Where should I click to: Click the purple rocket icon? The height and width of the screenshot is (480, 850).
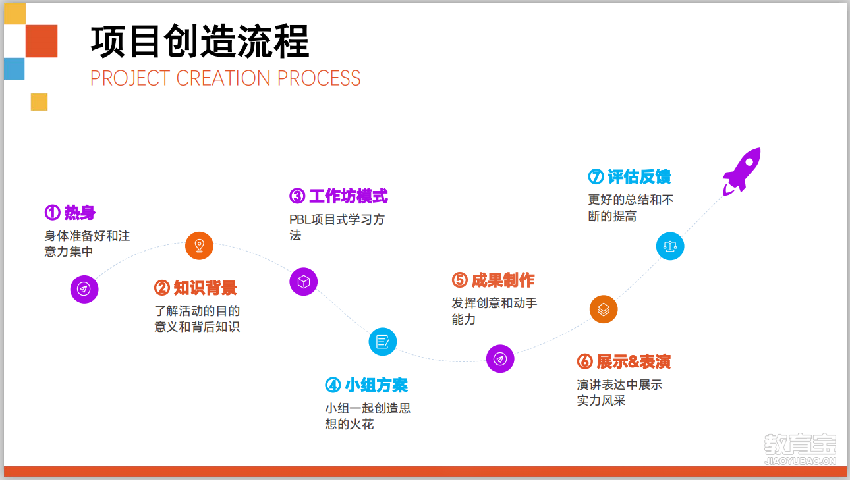(742, 171)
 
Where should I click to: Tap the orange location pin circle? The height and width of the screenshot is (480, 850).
(199, 246)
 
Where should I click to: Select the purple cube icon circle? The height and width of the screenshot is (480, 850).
(304, 282)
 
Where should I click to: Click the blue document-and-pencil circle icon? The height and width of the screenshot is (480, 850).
(383, 342)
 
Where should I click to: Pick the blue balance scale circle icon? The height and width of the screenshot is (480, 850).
(670, 246)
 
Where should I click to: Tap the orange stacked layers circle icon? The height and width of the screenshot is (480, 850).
(604, 309)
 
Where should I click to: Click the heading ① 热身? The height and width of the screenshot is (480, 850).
(71, 212)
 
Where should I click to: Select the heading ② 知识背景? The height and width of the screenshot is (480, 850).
(196, 288)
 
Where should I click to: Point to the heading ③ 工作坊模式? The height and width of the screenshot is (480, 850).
(339, 196)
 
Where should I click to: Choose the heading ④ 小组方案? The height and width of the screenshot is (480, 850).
(366, 385)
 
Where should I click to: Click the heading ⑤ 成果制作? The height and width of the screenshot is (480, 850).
(494, 280)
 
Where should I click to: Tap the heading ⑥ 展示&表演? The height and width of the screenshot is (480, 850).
(624, 361)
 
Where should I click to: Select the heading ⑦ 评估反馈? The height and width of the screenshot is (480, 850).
(629, 176)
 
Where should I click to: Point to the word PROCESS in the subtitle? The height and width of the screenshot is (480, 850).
(319, 78)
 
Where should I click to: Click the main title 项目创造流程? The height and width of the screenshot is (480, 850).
(200, 41)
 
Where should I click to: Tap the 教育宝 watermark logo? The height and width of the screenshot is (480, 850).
(800, 449)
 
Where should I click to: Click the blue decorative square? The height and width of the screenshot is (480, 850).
(14, 68)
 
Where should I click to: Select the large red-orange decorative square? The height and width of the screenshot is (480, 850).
(42, 41)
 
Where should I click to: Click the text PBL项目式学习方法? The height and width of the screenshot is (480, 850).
(337, 227)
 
